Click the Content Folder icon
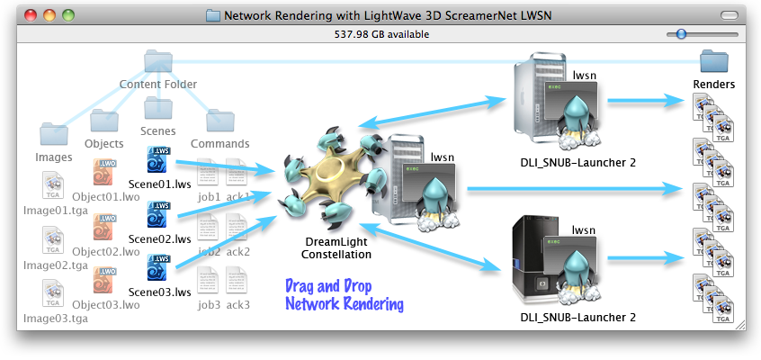pyautogui.click(x=158, y=62)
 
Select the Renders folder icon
pyautogui.click(x=714, y=62)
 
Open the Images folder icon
pyautogui.click(x=53, y=133)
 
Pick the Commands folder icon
pyautogui.click(x=220, y=121)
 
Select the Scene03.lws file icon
pyautogui.click(x=158, y=270)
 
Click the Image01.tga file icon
pyautogui.click(x=53, y=186)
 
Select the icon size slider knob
pyautogui.click(x=681, y=34)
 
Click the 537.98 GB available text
pyautogui.click(x=380, y=34)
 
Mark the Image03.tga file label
pyautogui.click(x=54, y=318)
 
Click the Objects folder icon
pyautogui.click(x=104, y=121)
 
